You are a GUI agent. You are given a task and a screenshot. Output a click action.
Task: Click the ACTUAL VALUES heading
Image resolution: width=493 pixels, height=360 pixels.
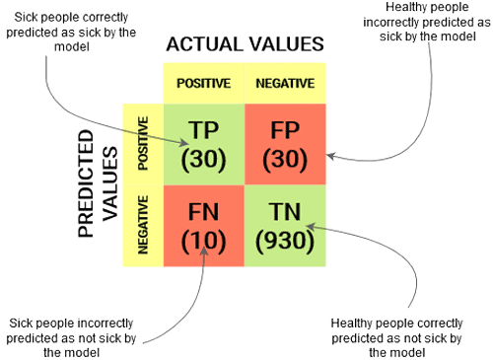246,44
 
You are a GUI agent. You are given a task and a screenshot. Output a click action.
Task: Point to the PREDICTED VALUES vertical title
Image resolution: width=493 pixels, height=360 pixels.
97,192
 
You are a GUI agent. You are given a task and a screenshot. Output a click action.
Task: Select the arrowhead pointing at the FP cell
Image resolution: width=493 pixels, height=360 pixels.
332,154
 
